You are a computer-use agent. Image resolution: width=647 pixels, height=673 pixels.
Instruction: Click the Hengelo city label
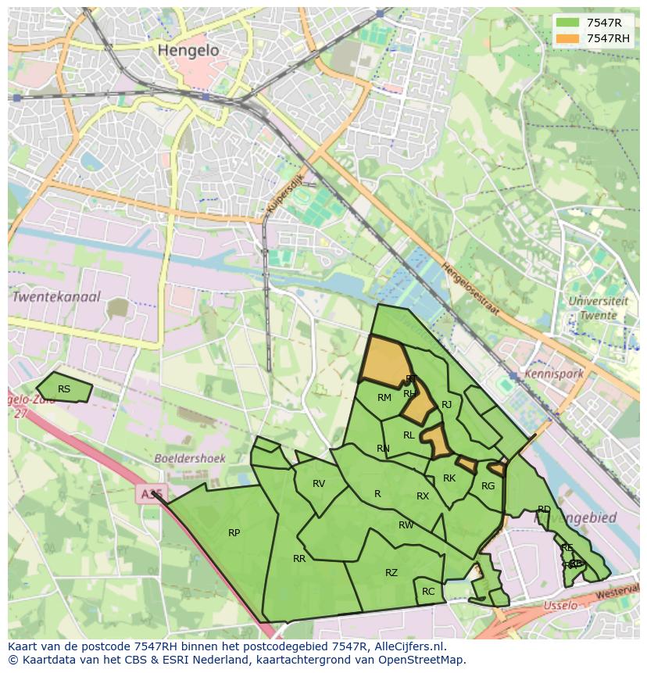(188, 50)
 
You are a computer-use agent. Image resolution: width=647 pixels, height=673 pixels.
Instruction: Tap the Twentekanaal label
(55, 297)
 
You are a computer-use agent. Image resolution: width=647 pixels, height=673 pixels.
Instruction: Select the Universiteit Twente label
(598, 308)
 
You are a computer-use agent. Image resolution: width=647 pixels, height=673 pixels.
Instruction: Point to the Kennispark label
(555, 374)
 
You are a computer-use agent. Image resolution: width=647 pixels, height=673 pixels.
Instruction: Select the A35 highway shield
(151, 494)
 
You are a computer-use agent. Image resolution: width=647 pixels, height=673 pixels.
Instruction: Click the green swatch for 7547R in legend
(567, 23)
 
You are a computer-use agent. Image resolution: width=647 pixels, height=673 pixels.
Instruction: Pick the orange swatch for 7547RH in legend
(567, 38)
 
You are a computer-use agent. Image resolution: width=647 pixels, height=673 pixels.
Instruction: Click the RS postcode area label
(64, 389)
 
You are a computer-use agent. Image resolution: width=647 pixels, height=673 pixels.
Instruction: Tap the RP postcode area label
(234, 533)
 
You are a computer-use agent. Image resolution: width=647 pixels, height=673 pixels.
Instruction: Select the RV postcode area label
(319, 484)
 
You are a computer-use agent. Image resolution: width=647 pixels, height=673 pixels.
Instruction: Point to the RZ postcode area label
(391, 573)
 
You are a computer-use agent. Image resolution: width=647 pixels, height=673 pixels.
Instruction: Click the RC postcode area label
(428, 592)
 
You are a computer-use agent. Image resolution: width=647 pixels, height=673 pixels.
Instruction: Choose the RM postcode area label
(384, 398)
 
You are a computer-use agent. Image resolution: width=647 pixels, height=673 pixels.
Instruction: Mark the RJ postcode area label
(447, 405)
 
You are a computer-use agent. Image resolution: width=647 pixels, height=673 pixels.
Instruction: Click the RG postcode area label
(488, 486)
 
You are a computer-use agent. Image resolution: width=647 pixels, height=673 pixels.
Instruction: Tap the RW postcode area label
(406, 525)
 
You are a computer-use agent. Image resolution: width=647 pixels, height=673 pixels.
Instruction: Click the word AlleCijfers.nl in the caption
(406, 647)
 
